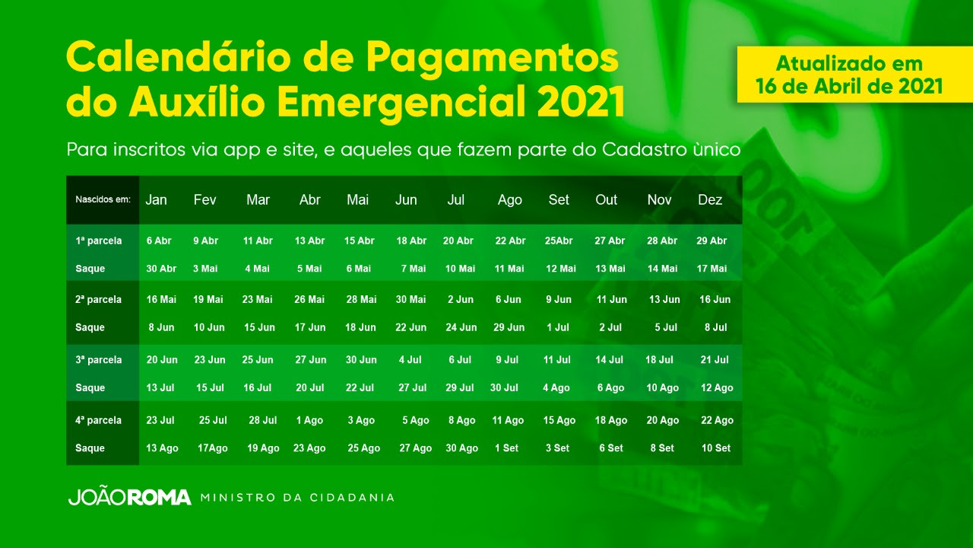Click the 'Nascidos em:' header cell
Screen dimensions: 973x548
103,199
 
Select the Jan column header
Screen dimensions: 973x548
156,199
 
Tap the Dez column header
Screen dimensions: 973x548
710,199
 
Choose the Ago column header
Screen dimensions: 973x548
509,200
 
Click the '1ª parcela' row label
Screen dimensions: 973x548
99,241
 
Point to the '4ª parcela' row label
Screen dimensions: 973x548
99,421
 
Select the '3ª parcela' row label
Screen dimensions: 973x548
99,360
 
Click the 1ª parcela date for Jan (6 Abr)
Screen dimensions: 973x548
159,241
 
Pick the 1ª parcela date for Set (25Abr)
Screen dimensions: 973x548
559,241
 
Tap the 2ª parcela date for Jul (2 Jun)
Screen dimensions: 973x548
461,300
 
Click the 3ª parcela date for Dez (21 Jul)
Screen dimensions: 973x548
715,360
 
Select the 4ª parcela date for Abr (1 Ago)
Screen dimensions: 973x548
309,421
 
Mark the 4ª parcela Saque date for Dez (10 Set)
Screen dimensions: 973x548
716,448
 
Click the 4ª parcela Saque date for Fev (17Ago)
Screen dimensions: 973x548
212,448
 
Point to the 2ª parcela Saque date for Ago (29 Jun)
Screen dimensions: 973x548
509,327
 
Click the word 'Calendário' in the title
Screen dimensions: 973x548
178,57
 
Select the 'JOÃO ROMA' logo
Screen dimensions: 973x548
129,498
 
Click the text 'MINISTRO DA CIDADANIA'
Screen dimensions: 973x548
297,498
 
